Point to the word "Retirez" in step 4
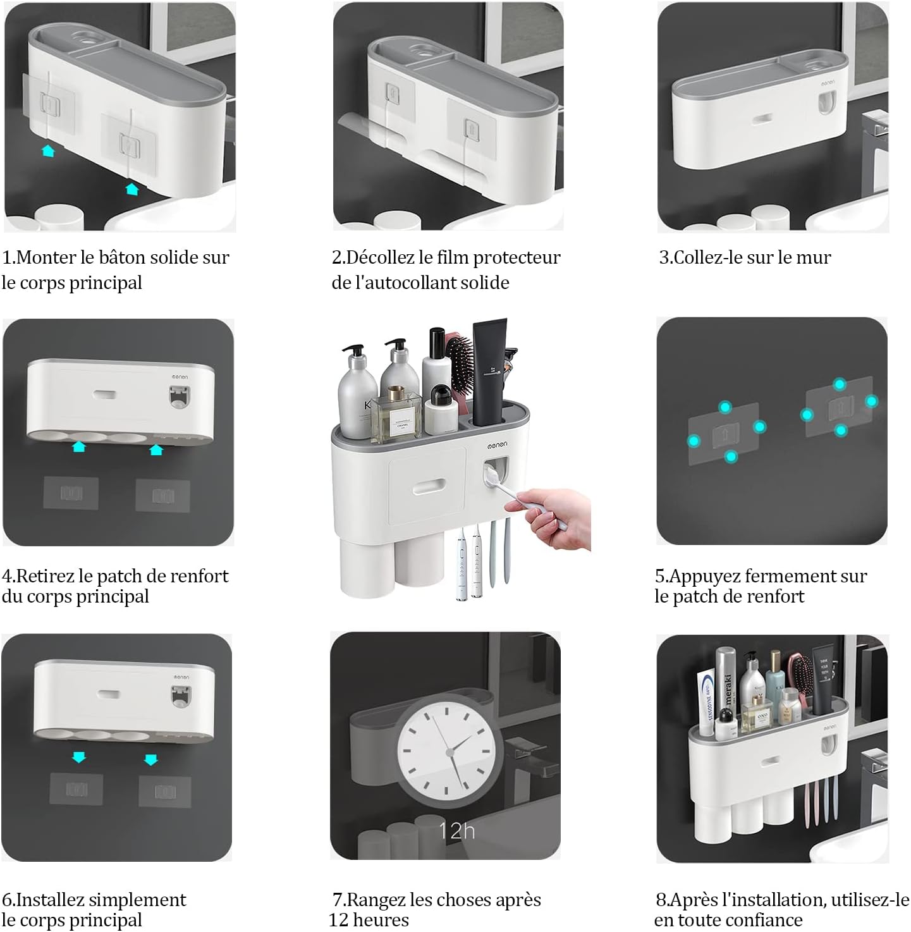pos(46,575)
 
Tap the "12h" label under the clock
pos(456,831)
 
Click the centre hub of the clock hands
pos(449,752)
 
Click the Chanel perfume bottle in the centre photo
pos(396,414)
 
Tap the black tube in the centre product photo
pos(490,372)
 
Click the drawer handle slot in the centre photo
pos(429,487)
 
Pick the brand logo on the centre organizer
pos(498,445)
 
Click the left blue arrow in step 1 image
pos(49,151)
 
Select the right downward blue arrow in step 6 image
pos(151,759)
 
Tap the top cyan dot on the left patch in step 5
pos(725,408)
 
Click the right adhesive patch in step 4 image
pos(163,496)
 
